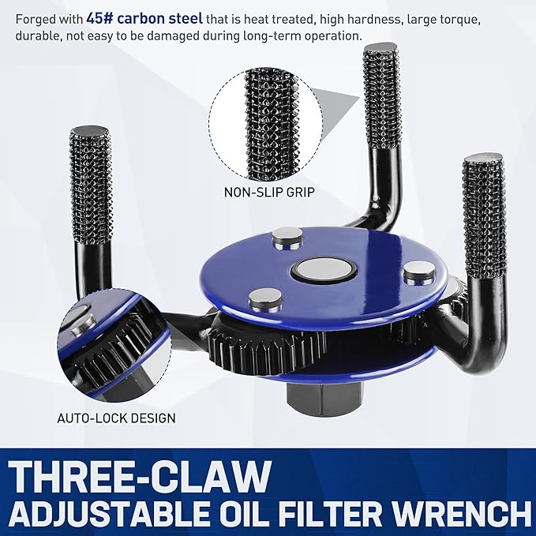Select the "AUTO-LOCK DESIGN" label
[x=117, y=418]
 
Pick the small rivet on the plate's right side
[x=418, y=272]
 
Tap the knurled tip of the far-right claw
[x=483, y=213]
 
